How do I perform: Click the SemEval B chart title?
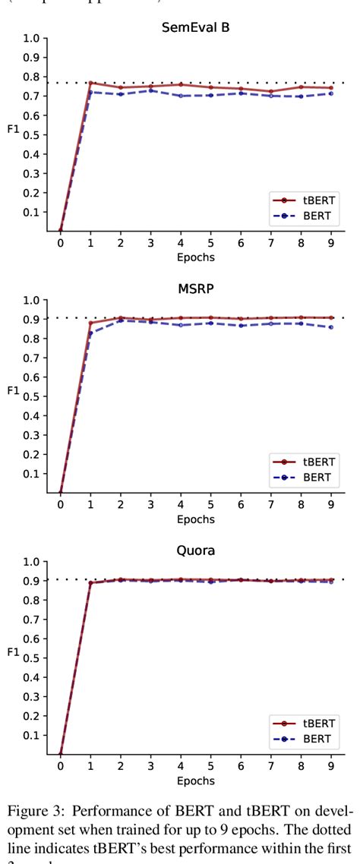click(x=195, y=27)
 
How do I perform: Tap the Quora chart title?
click(x=195, y=551)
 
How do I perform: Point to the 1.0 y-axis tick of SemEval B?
click(x=30, y=38)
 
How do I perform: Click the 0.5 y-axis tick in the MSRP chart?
click(x=30, y=396)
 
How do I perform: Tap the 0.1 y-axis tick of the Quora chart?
click(x=30, y=735)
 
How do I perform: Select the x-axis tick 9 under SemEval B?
click(x=331, y=243)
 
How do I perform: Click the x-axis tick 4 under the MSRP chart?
click(x=181, y=505)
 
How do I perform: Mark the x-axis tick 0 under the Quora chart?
click(x=60, y=767)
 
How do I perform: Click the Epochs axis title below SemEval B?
click(x=195, y=257)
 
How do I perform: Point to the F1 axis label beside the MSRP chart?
click(x=13, y=391)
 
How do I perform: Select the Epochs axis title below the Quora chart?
click(x=195, y=781)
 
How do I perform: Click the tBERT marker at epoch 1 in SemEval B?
click(x=90, y=83)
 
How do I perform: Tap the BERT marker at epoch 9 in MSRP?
click(x=331, y=327)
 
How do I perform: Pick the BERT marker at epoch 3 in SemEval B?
click(x=150, y=90)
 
